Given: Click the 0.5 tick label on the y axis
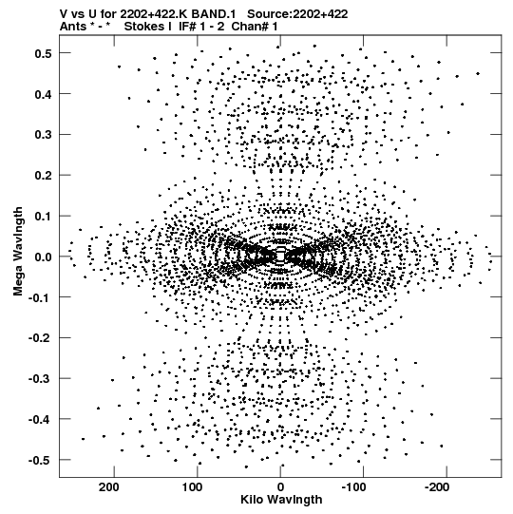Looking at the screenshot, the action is coord(43,53).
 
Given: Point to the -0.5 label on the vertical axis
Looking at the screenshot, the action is coord(40,460).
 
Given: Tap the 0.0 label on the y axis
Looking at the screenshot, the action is coord(43,257).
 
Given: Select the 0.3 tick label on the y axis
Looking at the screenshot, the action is coord(43,135).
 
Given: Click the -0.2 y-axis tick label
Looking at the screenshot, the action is coord(40,338).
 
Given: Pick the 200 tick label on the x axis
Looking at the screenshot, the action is coord(109,487).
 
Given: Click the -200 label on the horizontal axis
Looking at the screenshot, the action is coord(437,487).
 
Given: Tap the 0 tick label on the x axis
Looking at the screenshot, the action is coord(280,487).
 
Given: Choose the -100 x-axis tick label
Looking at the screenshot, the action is coord(353,487).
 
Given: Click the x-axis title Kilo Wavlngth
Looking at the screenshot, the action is coord(281,500).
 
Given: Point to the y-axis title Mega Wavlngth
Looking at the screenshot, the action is coord(18,252).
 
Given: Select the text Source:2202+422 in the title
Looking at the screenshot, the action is coord(297,14).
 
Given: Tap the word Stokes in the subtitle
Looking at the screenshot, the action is coord(148,27).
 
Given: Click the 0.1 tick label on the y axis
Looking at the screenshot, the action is coord(43,217).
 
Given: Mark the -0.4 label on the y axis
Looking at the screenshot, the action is coord(40,420).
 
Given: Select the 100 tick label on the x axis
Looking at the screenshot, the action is coord(192,487).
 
